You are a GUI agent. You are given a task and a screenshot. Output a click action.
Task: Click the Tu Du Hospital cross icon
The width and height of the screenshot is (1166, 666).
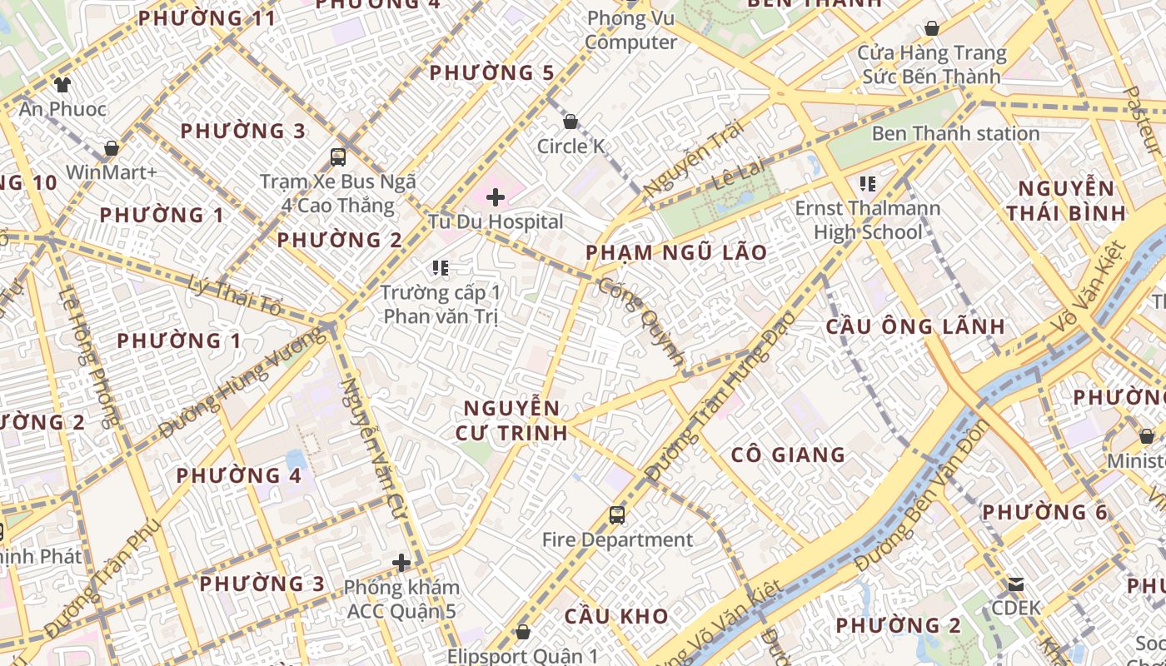496,197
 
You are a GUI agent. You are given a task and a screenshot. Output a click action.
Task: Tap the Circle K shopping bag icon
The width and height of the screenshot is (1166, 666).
571,122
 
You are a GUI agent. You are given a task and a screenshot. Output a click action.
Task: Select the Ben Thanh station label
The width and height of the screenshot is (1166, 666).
955,133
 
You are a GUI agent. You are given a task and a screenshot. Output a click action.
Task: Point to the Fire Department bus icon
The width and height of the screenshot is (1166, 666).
617,515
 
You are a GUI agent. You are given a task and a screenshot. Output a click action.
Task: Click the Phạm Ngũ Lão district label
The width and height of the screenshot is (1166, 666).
676,252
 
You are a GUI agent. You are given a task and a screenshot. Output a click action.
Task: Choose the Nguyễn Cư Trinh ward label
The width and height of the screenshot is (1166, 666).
512,420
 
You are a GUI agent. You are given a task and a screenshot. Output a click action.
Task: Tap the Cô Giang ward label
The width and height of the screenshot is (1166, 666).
788,455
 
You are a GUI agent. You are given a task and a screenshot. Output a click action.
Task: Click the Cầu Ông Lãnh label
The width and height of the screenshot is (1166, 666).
915,326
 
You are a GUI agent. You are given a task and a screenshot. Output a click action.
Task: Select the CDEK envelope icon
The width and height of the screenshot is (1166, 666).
1016,584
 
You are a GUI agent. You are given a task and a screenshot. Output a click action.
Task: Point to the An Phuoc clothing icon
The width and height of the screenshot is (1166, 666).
62,84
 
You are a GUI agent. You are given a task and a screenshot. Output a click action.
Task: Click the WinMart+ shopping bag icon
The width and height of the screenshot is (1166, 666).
111,148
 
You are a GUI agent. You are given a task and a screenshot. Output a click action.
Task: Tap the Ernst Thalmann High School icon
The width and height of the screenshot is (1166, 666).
868,183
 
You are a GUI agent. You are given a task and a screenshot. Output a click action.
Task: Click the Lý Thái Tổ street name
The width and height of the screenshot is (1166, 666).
236,295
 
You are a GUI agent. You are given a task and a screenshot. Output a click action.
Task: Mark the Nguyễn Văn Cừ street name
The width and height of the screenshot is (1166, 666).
373,450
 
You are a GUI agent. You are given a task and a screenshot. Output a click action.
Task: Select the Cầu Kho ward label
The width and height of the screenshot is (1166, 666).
616,617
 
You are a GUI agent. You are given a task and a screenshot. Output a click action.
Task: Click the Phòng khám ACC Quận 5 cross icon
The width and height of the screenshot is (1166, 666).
401,563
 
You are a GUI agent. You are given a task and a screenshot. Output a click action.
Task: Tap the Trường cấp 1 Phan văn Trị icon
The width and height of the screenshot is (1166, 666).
441,268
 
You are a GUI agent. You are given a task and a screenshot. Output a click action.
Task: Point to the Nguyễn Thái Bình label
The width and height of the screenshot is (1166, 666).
1066,201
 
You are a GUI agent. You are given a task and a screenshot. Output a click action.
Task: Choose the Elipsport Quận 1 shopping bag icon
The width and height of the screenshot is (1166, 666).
523,632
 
